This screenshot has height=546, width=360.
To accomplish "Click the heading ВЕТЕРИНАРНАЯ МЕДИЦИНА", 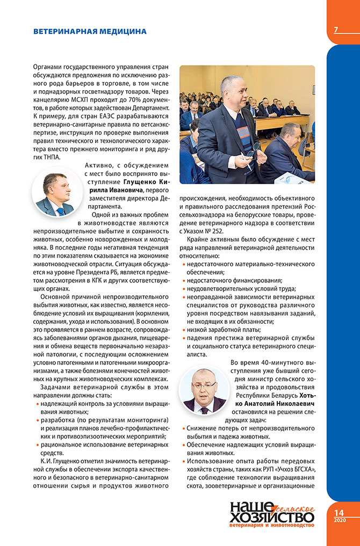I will [x=90, y=32].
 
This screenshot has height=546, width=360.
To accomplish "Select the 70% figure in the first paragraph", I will [x=123, y=98].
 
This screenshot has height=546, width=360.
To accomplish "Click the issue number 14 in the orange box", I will [x=339, y=513].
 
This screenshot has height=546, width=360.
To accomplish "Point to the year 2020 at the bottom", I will [x=339, y=521].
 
